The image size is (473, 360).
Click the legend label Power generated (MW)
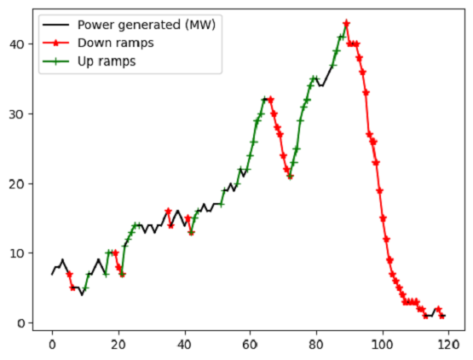click(x=146, y=24)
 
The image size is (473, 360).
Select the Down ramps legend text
click(x=110, y=43)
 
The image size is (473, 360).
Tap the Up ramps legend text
click(x=103, y=61)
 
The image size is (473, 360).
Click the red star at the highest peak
click(x=346, y=24)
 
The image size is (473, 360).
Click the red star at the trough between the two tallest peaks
click(x=290, y=177)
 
